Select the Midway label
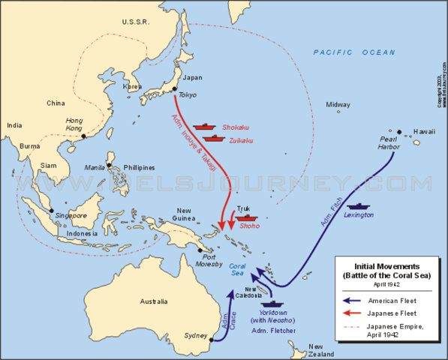point(338,105)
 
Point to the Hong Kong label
point(74,124)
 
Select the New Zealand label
point(320,350)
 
